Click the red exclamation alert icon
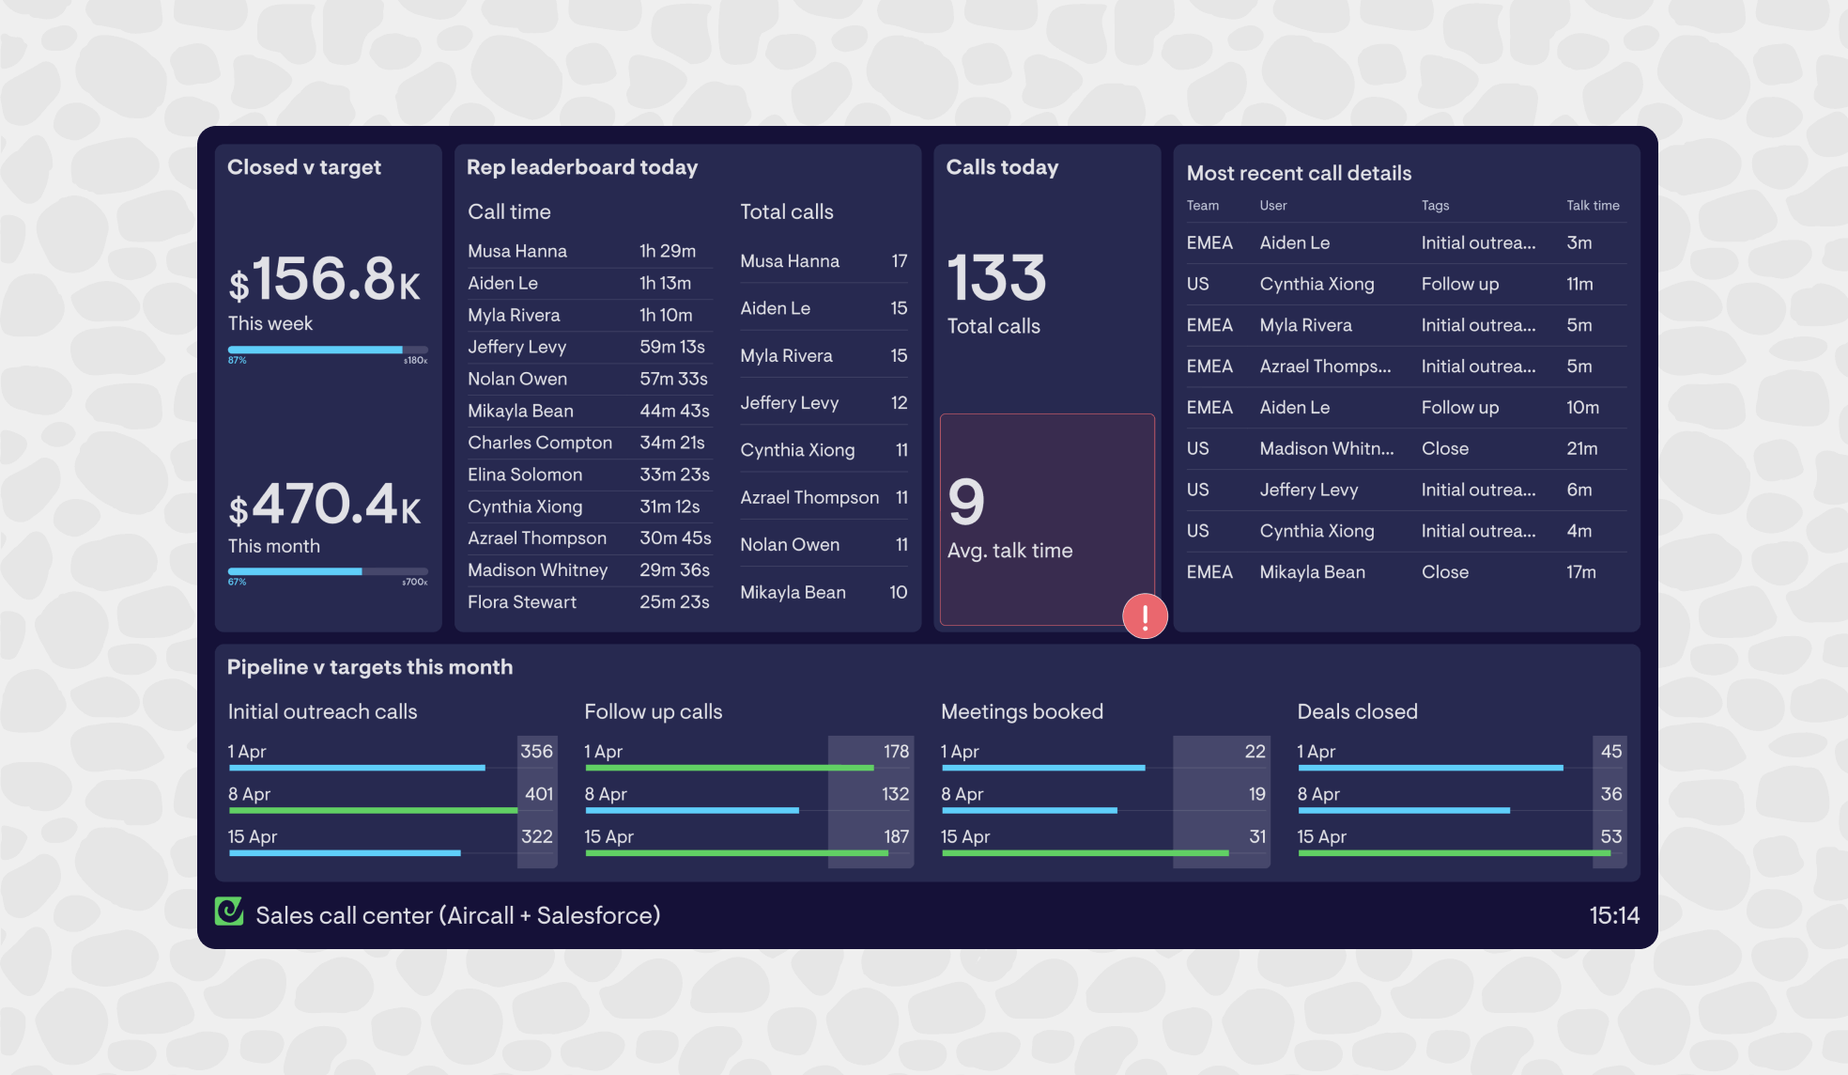1145,616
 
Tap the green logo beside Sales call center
229,911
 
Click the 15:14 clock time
1613,915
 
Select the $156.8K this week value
325,279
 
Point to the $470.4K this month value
325,505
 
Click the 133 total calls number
996,278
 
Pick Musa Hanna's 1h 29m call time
667,251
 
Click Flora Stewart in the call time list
522,601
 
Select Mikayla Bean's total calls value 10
898,592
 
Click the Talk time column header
1593,206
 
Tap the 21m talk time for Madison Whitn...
1581,448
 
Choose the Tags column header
1435,206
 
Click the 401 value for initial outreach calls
538,794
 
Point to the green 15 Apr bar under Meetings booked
1085,853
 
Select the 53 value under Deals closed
1610,836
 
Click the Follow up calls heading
653,711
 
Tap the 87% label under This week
237,360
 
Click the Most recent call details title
1299,173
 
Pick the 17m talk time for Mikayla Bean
1580,572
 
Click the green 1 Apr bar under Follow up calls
729,768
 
